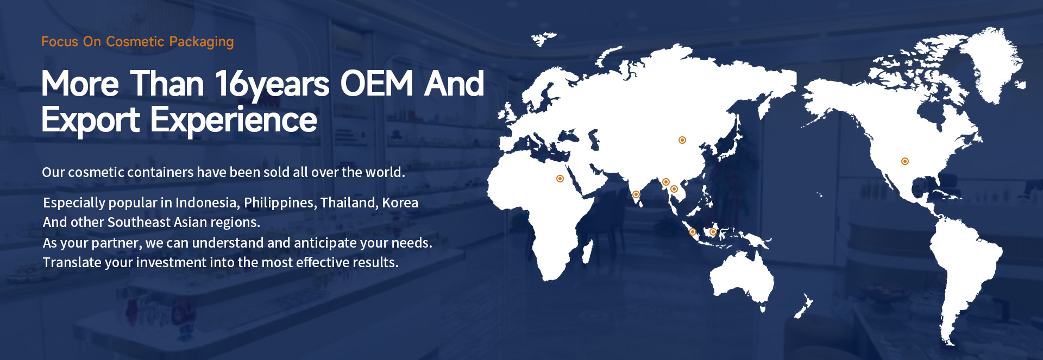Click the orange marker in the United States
(905, 161)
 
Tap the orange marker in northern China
(682, 140)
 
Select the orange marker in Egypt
(560, 179)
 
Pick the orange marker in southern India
(636, 194)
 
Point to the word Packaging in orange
(202, 42)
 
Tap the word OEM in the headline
(377, 84)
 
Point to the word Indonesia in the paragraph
(206, 203)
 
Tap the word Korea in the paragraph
(400, 203)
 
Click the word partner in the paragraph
(117, 243)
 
